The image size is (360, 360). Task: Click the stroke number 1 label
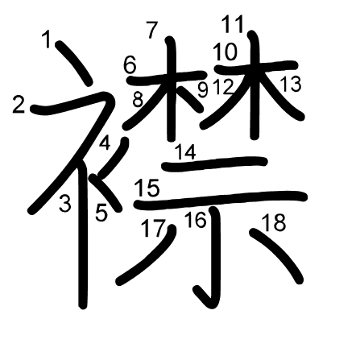pyautogui.click(x=48, y=39)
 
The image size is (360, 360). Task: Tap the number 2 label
pyautogui.click(x=19, y=105)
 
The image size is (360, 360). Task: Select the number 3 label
pyautogui.click(x=65, y=204)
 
